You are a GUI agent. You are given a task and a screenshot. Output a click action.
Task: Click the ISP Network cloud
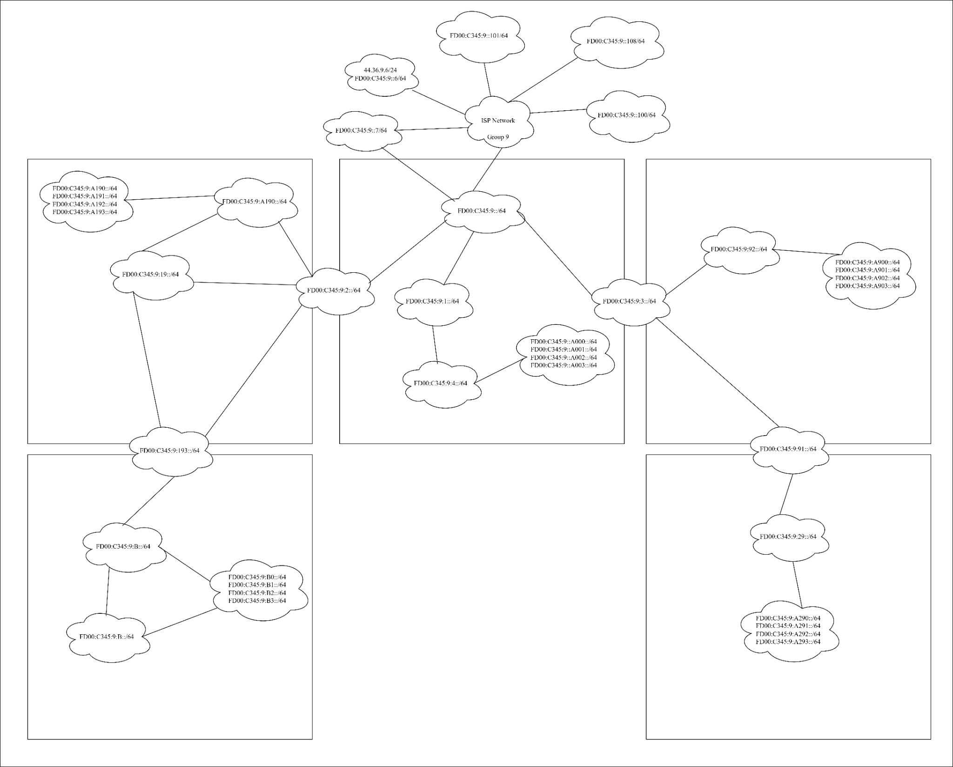coord(498,121)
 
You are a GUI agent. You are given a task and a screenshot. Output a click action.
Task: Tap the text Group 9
coord(498,137)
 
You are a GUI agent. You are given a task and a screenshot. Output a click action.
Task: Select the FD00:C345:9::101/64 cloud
coord(479,35)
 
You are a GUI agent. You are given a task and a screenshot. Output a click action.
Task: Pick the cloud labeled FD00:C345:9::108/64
coord(615,41)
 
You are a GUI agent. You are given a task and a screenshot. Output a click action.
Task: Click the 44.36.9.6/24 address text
coord(380,70)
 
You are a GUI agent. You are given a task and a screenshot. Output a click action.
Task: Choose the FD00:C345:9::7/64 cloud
coord(361,131)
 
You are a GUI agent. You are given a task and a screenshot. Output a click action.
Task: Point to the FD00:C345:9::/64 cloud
coord(482,211)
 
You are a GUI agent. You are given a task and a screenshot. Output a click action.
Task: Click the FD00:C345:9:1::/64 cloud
coord(432,302)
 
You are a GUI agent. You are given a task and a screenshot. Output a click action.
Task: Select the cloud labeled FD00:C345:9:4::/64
coord(440,383)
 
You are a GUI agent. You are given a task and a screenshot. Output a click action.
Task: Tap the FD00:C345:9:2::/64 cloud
coord(334,290)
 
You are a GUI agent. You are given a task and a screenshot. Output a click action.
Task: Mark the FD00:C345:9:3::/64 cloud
coord(629,302)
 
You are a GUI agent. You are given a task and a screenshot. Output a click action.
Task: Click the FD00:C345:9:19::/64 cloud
coord(150,275)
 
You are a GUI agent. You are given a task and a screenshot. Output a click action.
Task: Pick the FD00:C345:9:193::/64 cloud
coord(170,451)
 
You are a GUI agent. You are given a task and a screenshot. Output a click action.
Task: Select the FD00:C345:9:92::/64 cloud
coord(738,249)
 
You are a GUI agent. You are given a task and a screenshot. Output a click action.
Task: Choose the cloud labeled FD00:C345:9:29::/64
coord(788,537)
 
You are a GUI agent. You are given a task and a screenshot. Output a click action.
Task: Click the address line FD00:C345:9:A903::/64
coord(867,286)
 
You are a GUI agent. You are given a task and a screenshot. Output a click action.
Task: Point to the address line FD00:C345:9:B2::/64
coord(257,593)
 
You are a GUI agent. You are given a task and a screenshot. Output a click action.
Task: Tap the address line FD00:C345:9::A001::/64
coord(564,350)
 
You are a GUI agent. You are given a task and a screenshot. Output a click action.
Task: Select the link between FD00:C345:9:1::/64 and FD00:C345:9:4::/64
coord(435,343)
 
